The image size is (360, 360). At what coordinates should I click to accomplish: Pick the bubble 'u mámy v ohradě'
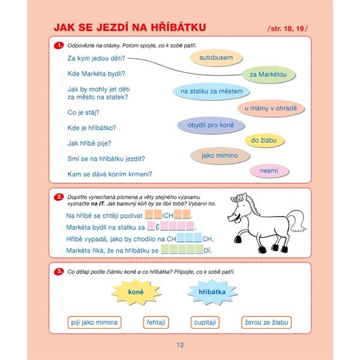point(271,109)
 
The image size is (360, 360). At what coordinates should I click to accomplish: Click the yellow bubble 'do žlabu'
point(263,140)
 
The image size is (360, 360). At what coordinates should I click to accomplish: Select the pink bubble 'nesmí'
point(269,171)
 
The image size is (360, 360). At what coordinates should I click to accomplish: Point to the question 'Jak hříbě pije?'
point(89,143)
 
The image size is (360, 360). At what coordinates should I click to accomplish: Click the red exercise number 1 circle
point(59,46)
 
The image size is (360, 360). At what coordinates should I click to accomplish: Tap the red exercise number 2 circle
point(59,197)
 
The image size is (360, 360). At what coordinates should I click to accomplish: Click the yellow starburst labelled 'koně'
point(137,292)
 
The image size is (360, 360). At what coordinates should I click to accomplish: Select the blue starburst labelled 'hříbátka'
point(207,292)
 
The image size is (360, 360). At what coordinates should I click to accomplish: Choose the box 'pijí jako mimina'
point(95,323)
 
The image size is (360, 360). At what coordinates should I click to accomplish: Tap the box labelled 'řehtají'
point(155,323)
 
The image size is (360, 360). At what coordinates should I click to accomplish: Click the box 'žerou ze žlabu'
point(267,323)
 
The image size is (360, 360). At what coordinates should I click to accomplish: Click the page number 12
point(180,344)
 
